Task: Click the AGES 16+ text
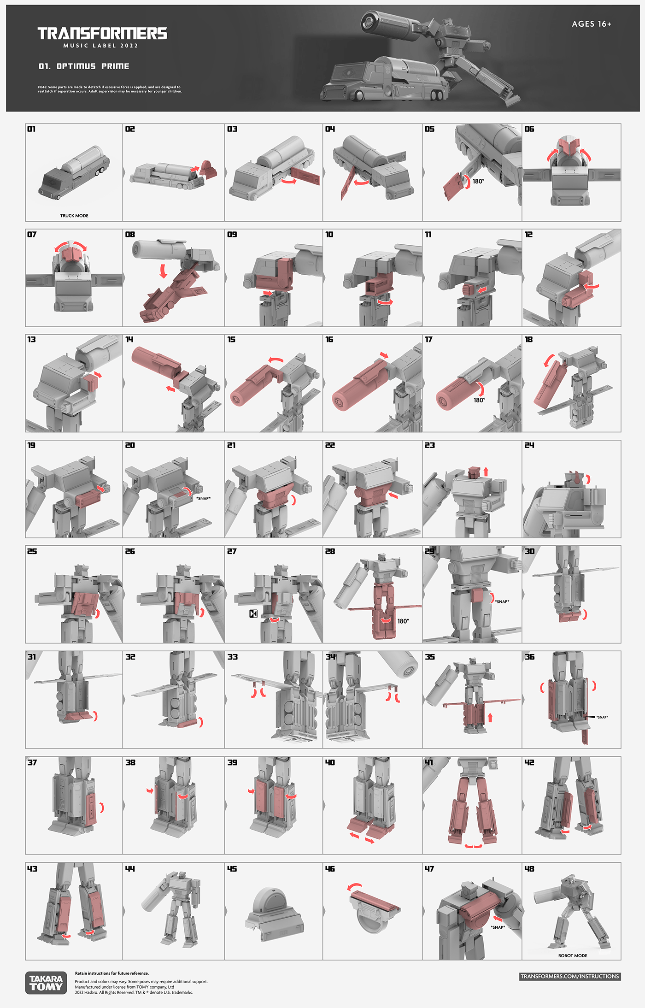592,24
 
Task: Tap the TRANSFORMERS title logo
102,33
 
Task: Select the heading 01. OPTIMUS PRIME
83,66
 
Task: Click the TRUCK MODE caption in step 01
74,216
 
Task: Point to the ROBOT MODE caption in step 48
573,955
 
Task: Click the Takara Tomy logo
46,983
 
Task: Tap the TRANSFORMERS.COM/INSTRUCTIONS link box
569,976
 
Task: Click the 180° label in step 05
478,182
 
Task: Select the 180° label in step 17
479,400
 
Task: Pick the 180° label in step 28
403,621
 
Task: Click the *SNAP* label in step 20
203,499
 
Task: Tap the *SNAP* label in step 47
498,927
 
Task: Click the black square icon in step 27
253,613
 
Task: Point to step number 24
529,445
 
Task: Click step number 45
232,869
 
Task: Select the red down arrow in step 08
163,271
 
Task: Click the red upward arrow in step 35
490,717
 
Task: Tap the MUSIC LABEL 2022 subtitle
100,46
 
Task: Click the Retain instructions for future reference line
112,973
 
